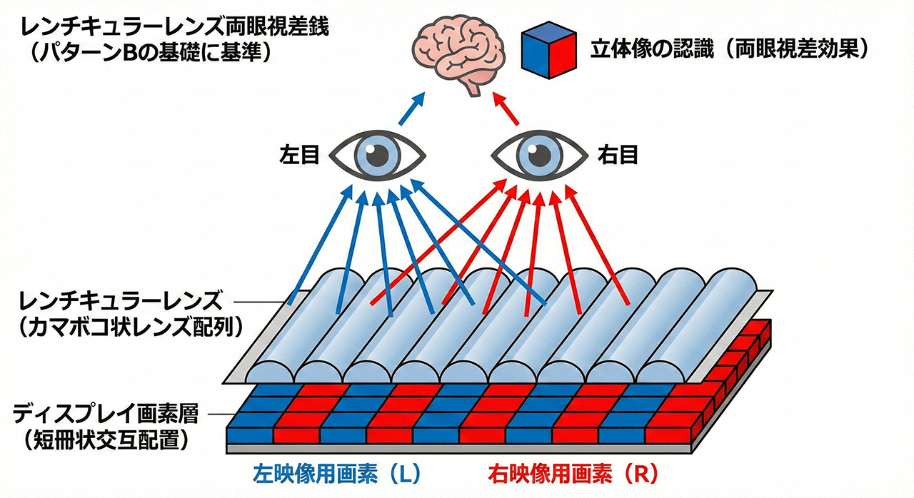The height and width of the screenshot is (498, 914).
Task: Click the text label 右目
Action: pyautogui.click(x=618, y=155)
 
